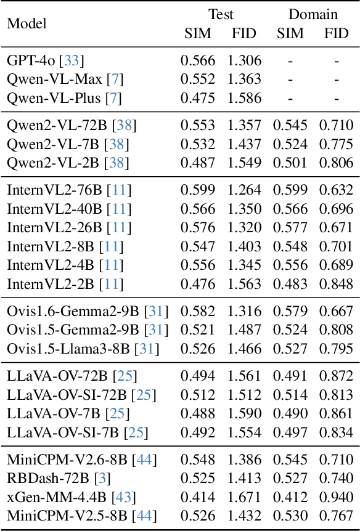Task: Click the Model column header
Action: (x=27, y=23)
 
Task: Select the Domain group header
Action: (x=313, y=14)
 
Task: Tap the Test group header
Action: (x=221, y=14)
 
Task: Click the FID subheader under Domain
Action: (x=337, y=33)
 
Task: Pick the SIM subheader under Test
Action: (x=198, y=33)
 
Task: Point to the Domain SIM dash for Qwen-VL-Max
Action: (x=290, y=79)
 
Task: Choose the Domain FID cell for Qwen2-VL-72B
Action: (x=337, y=126)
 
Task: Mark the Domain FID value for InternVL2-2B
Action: (x=337, y=284)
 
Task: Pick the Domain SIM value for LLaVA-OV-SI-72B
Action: (x=290, y=395)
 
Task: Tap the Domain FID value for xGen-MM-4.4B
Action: (x=337, y=497)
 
